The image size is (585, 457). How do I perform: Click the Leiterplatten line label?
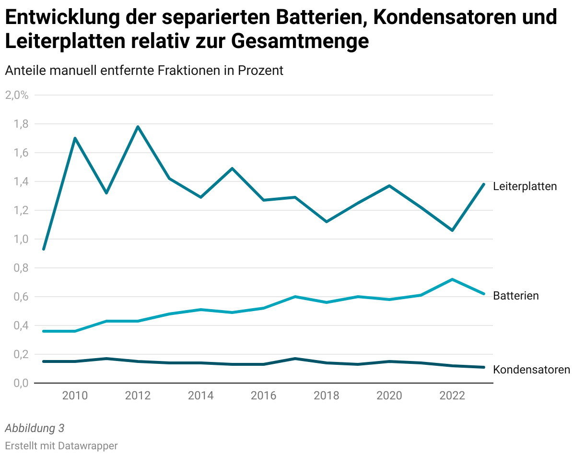pos(525,186)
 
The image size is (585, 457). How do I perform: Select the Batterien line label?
pos(515,296)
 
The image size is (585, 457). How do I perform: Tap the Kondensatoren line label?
pos(531,370)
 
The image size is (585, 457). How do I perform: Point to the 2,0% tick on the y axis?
pos(17,95)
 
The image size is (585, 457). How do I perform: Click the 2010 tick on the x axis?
pos(75,396)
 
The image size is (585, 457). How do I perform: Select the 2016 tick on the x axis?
pos(264,396)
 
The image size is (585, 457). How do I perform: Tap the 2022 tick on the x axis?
pos(452,396)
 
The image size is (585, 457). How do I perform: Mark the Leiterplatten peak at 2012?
pos(138,127)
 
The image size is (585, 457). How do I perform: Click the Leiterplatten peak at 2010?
pos(75,138)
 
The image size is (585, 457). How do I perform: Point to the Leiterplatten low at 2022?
pos(452,230)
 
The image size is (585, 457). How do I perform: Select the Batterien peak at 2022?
pos(452,279)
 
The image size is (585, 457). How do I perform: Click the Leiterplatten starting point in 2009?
pos(44,249)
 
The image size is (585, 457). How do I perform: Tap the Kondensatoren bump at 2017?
pos(295,359)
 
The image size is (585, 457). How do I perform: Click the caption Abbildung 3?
pos(35,428)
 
